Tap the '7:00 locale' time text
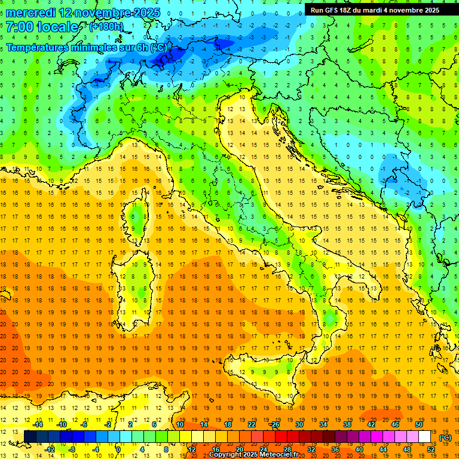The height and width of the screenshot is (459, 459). (x=42, y=27)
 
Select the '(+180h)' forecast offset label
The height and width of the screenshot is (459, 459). (x=106, y=27)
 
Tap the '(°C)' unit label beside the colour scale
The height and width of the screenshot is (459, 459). (x=445, y=437)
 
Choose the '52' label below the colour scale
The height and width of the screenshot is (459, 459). (x=431, y=449)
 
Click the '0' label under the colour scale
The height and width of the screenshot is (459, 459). (x=118, y=449)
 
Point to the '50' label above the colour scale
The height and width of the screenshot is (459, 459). (x=419, y=424)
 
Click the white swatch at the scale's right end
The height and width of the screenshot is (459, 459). (x=425, y=437)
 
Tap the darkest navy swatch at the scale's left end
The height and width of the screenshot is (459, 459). (x=30, y=437)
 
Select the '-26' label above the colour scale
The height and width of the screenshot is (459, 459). (x=274, y=424)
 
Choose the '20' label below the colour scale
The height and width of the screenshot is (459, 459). (x=239, y=449)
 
